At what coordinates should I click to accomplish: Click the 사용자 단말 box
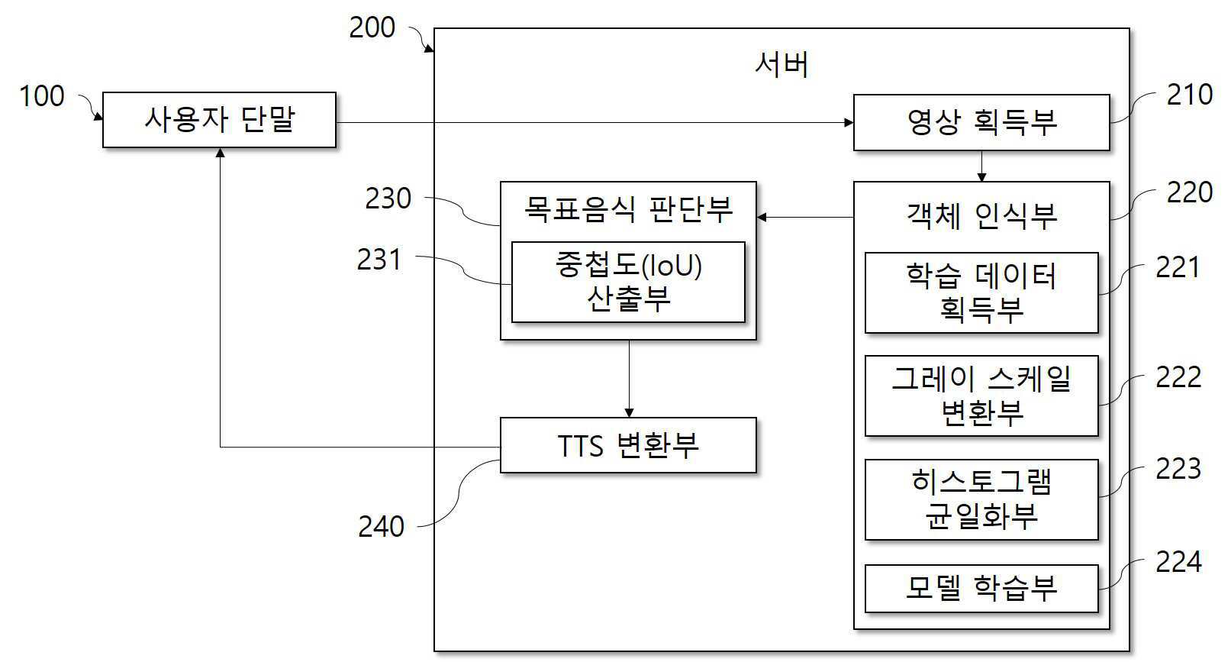(x=219, y=120)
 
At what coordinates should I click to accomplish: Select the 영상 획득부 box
(x=981, y=122)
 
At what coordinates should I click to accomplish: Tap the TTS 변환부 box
(x=628, y=445)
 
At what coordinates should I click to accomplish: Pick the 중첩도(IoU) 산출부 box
(x=628, y=283)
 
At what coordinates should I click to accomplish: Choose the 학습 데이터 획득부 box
(x=981, y=293)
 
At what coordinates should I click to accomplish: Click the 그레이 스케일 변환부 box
(x=981, y=396)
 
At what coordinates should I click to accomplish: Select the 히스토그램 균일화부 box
(x=981, y=499)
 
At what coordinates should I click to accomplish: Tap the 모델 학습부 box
(x=981, y=588)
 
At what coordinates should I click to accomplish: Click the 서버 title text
(x=781, y=64)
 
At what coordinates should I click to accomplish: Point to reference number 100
(x=41, y=97)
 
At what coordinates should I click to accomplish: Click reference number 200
(x=372, y=28)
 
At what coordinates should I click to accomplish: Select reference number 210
(x=1189, y=95)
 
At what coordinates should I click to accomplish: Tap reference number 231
(x=379, y=260)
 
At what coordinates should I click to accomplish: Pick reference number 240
(x=381, y=527)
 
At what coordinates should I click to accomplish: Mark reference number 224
(x=1178, y=563)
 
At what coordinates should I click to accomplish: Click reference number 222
(x=1178, y=378)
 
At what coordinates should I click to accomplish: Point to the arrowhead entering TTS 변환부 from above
(x=629, y=412)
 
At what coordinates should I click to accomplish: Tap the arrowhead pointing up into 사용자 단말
(x=220, y=153)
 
